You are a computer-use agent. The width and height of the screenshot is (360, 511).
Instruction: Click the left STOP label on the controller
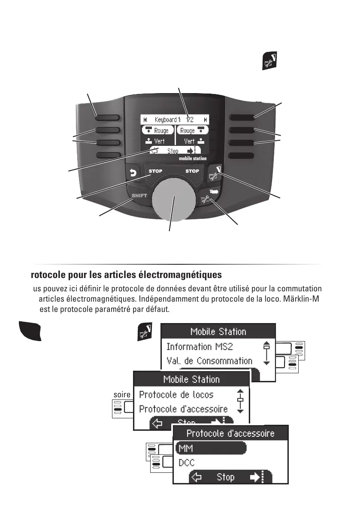[x=155, y=171]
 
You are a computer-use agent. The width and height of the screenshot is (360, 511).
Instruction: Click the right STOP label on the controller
[x=192, y=171]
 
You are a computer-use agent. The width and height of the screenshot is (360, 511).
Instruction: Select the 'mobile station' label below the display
[x=193, y=158]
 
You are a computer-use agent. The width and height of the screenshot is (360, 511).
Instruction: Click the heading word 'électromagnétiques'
[x=187, y=274]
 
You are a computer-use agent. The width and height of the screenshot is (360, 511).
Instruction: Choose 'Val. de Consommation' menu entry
[x=209, y=361]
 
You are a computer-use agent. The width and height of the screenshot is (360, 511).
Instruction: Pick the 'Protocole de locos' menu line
[x=176, y=394]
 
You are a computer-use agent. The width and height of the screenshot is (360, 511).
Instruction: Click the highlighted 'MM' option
[x=185, y=448]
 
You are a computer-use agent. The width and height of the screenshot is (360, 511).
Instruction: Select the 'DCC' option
[x=186, y=463]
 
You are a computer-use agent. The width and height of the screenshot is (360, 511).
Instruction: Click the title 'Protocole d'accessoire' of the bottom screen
[x=230, y=433]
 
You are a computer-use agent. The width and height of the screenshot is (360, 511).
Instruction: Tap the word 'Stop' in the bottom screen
[x=225, y=477]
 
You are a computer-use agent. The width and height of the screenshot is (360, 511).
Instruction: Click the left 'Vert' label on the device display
[x=159, y=141]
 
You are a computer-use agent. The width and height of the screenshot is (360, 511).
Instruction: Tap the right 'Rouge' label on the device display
[x=187, y=130]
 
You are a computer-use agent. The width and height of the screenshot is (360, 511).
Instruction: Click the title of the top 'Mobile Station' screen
[x=218, y=332]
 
